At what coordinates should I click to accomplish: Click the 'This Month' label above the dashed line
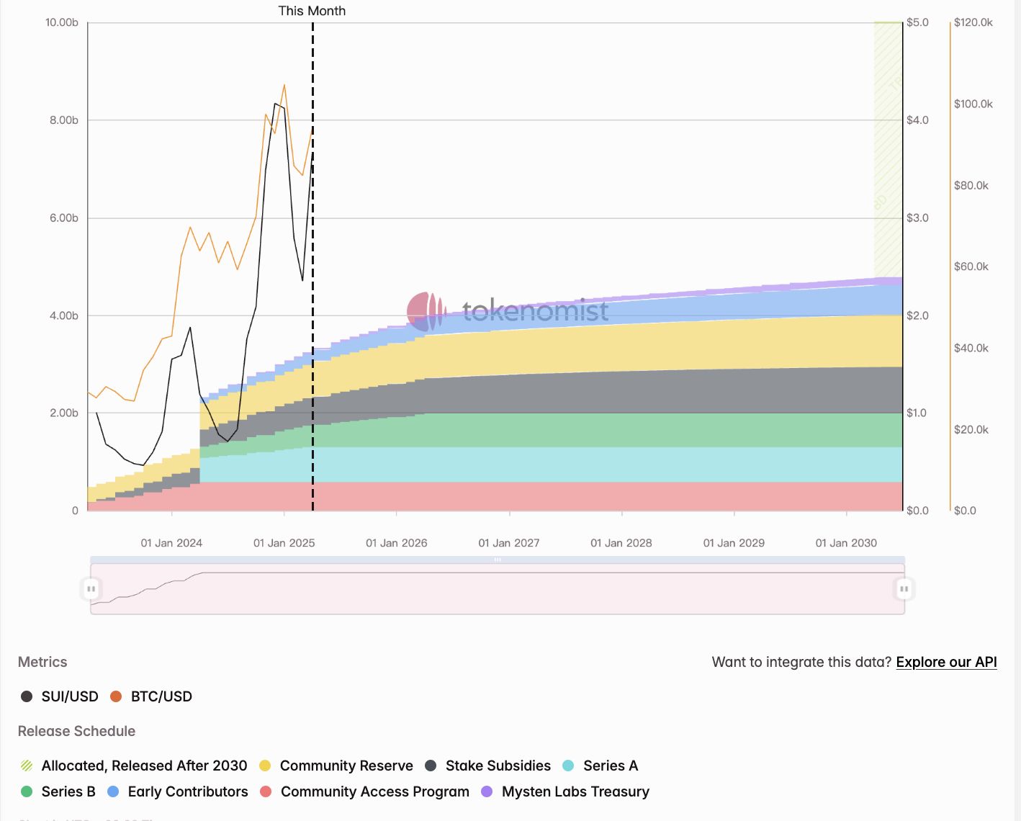click(312, 11)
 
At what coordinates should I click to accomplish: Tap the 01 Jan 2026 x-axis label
click(396, 543)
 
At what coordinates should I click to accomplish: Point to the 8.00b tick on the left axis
click(64, 120)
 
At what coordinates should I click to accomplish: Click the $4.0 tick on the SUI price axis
click(917, 120)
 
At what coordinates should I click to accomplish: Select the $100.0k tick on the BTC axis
click(973, 104)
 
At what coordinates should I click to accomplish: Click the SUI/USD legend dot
click(27, 696)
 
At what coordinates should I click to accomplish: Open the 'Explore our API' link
click(946, 662)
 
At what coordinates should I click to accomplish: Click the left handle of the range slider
click(91, 589)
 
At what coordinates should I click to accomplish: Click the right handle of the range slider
click(904, 589)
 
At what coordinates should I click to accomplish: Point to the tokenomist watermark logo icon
click(426, 311)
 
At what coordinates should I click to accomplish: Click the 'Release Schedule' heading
click(76, 731)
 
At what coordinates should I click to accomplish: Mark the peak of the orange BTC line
click(284, 85)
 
